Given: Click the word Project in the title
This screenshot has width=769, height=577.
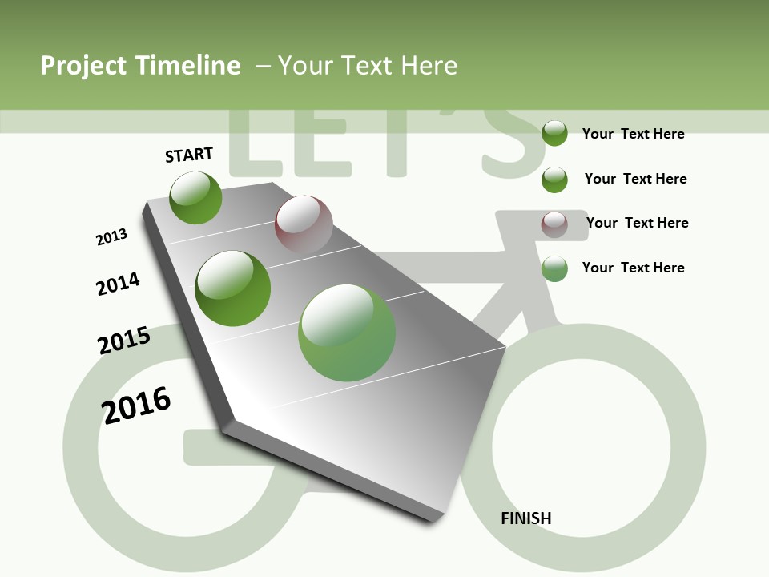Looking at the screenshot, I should [x=84, y=66].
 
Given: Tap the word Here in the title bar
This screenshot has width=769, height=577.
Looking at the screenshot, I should [x=429, y=66].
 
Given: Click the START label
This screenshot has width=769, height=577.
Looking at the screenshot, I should [x=189, y=155].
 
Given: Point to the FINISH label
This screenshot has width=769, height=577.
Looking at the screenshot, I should [x=526, y=518].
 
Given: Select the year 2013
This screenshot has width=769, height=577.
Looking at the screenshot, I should [x=112, y=237].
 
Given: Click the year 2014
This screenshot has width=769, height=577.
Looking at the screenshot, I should [x=119, y=284].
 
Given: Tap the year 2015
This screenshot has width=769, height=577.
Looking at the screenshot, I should [x=124, y=341].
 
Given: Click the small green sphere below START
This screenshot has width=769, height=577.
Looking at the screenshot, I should [x=195, y=197].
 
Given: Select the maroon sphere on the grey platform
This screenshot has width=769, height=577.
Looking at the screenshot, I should [x=304, y=224].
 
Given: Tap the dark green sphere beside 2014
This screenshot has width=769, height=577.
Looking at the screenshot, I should [x=233, y=288].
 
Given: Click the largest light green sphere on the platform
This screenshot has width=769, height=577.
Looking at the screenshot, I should [x=347, y=333].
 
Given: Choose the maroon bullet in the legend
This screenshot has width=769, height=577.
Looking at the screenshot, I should [x=554, y=224].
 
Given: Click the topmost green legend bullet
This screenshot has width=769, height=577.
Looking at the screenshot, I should [x=554, y=133].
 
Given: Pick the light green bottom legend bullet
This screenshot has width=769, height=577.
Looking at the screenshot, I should [x=554, y=268].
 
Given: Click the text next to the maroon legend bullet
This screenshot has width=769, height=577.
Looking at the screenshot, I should [x=637, y=223].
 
